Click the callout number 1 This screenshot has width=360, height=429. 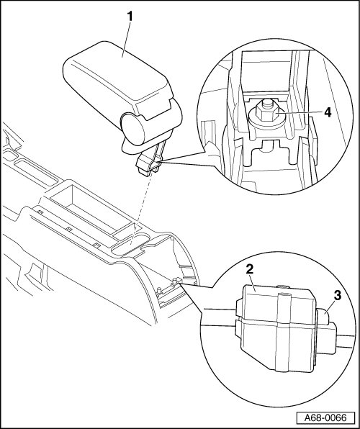point(130,17)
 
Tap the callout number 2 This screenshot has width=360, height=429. point(250,269)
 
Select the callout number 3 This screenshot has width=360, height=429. point(338,296)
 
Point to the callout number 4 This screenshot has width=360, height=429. point(328,112)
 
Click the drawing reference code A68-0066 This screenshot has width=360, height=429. point(325,417)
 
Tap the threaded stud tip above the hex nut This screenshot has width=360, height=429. point(266,103)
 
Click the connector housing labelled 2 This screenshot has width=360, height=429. point(276,328)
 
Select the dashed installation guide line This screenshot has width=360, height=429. point(142,209)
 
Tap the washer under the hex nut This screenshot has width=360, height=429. point(266,121)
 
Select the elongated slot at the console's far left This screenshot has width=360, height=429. point(35,172)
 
